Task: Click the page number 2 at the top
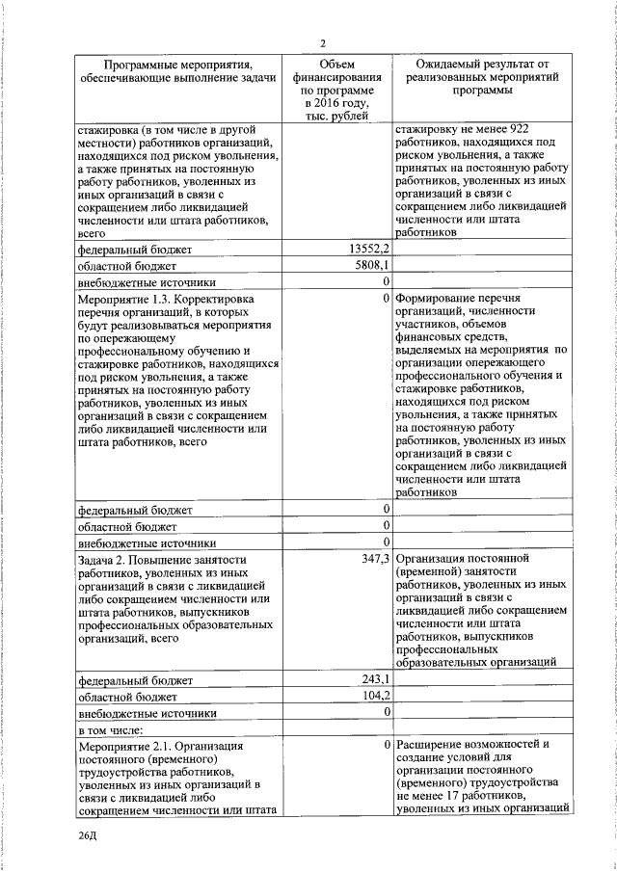coord(324,42)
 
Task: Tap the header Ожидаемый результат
coord(475,63)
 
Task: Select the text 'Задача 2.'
coord(105,559)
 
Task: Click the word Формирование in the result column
coord(438,299)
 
